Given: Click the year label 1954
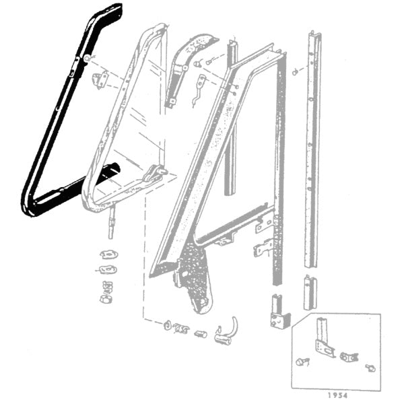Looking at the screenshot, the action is (337, 395).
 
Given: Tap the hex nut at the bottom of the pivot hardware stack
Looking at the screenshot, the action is (106, 299).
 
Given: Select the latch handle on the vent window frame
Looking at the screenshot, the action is (156, 173).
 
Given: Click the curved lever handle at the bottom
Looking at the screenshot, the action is (226, 333).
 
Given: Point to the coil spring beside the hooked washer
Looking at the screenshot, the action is (181, 329).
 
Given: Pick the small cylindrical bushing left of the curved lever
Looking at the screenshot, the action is (201, 335).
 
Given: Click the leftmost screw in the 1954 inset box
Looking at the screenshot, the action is (302, 362).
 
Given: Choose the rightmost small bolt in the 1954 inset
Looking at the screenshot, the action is (370, 368).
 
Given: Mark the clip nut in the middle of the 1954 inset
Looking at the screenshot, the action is (349, 357).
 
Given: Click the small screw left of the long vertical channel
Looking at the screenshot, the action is (296, 73).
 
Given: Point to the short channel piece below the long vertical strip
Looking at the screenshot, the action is (310, 292).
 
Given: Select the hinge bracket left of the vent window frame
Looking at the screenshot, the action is (101, 80).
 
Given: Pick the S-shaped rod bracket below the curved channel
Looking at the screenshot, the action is (199, 90).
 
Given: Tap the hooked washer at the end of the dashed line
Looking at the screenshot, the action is (168, 326).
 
